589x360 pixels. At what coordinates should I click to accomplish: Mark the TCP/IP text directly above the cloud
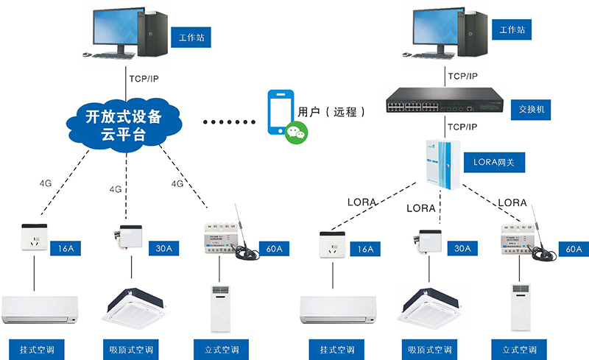coord(143,78)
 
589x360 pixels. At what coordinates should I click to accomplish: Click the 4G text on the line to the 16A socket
coord(46,181)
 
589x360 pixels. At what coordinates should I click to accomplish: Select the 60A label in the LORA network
coord(574,250)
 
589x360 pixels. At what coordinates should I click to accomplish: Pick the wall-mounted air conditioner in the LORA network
coord(341,309)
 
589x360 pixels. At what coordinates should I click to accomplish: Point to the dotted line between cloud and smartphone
coord(230,122)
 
